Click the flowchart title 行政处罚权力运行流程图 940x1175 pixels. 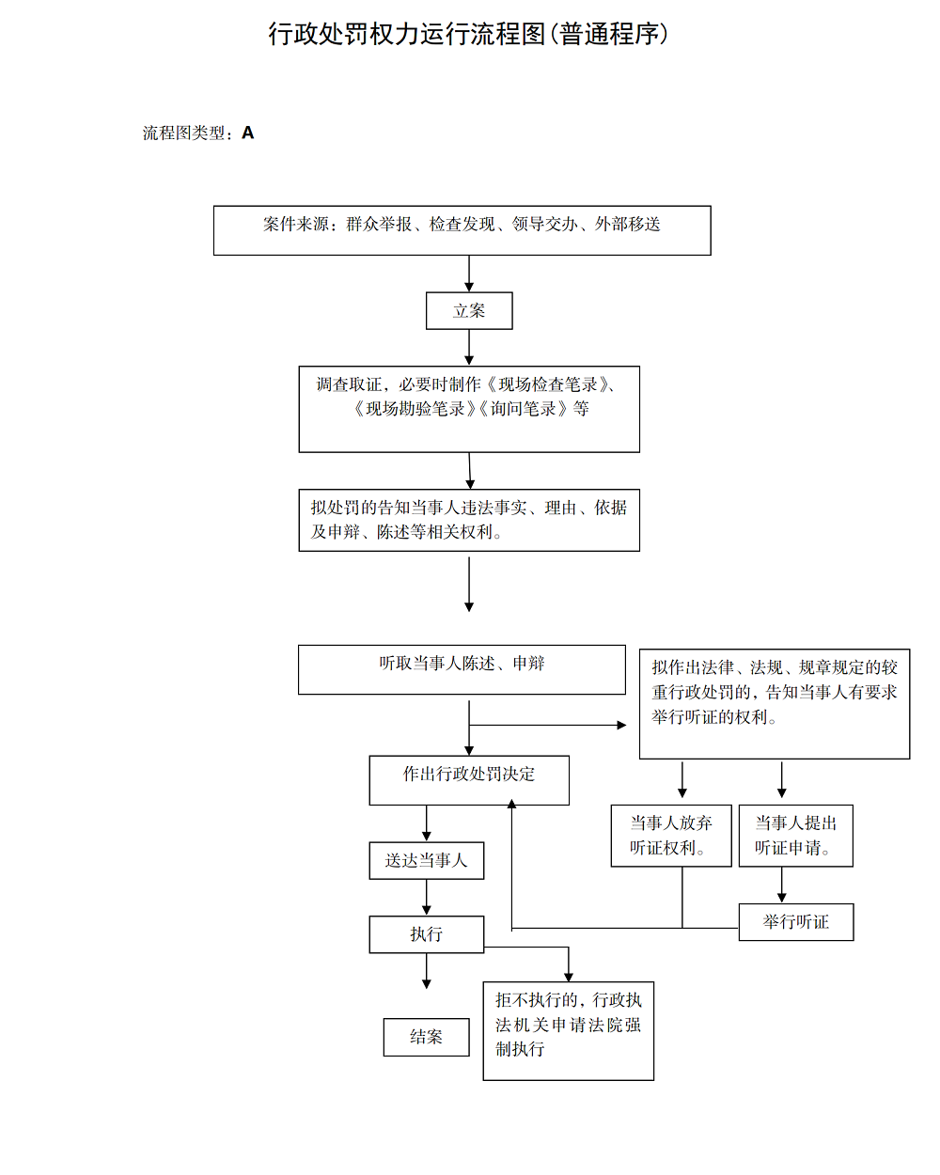(468, 34)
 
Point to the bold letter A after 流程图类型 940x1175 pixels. (248, 133)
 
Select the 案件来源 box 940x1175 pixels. (462, 230)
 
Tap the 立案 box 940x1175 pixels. (469, 311)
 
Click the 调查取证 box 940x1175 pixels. (469, 409)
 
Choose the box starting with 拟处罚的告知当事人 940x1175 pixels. (469, 520)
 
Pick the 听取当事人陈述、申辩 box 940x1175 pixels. (462, 669)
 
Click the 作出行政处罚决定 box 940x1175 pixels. (469, 780)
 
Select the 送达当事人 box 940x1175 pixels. (427, 860)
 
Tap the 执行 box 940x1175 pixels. (427, 934)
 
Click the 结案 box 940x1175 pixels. (427, 1037)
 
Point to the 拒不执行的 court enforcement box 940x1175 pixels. (568, 1031)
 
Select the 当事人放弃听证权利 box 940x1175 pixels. (671, 835)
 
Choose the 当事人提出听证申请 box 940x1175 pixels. (795, 835)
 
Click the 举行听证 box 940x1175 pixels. (795, 922)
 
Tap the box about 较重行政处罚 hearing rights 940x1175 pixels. (775, 703)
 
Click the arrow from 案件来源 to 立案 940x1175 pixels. (469, 274)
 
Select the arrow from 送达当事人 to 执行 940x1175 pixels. (427, 898)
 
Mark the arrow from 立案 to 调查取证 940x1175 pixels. (469, 348)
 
